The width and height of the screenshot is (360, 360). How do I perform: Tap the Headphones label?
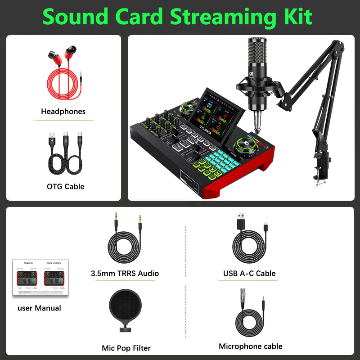point(63,111)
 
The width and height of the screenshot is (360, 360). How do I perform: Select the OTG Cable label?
point(65,186)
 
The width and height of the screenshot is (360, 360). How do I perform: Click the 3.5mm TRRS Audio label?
point(125,273)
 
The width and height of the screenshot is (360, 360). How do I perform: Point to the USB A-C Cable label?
point(249,273)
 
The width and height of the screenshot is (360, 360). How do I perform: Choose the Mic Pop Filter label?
point(126,348)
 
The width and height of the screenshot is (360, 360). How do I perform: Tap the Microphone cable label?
point(251,346)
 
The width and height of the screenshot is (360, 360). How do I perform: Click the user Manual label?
point(39,308)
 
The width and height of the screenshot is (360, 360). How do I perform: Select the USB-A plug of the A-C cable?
point(240,222)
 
